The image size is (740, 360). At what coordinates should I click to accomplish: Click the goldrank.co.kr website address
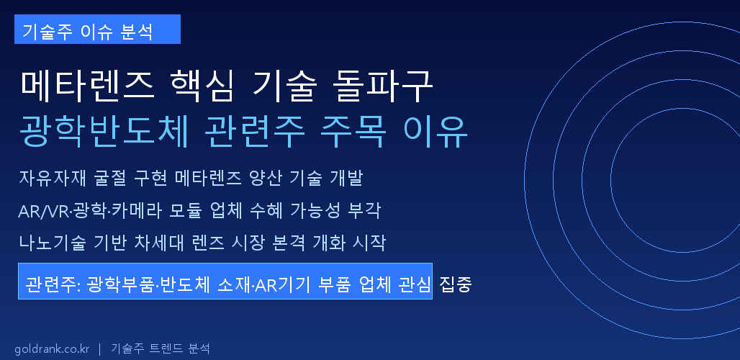(52, 348)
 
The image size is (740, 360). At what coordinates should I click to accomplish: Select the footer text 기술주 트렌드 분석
(161, 348)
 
